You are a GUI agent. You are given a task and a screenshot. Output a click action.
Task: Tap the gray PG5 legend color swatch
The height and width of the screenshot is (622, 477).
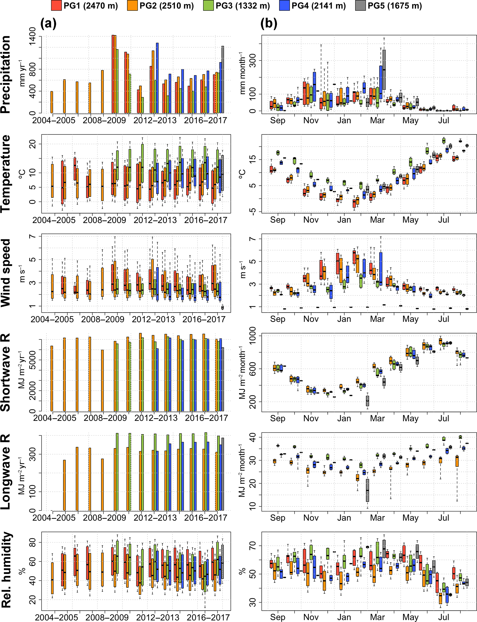360,6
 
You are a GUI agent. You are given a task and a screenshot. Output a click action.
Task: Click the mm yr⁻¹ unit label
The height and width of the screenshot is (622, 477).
22,73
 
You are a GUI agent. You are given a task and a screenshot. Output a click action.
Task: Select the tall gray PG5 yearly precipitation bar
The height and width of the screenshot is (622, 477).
223,79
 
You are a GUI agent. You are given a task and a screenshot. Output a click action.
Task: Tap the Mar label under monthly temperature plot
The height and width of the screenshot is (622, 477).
377,220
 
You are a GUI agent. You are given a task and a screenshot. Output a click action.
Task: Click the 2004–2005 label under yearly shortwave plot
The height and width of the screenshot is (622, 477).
55,418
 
